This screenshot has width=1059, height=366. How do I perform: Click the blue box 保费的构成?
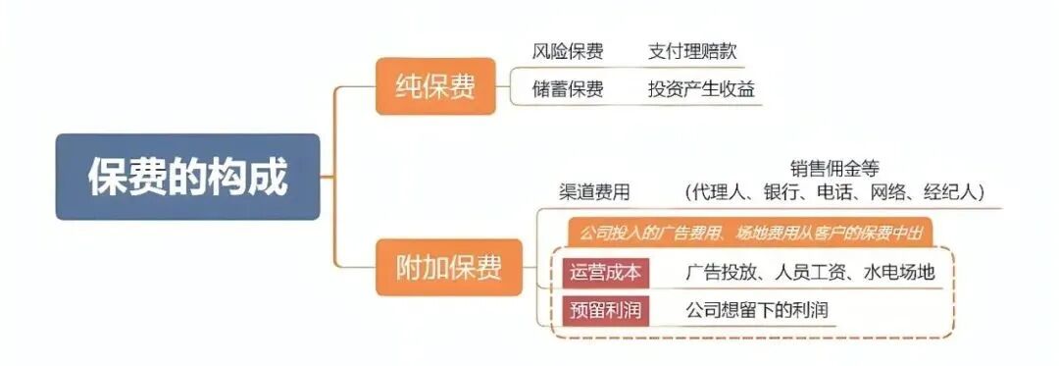[x=187, y=178]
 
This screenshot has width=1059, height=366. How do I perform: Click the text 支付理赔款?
[x=690, y=51]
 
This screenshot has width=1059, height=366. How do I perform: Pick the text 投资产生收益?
[x=700, y=89]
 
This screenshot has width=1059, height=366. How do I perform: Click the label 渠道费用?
[x=594, y=191]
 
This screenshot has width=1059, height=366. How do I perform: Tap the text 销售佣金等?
[x=833, y=168]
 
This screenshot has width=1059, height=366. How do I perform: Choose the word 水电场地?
[x=898, y=272]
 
